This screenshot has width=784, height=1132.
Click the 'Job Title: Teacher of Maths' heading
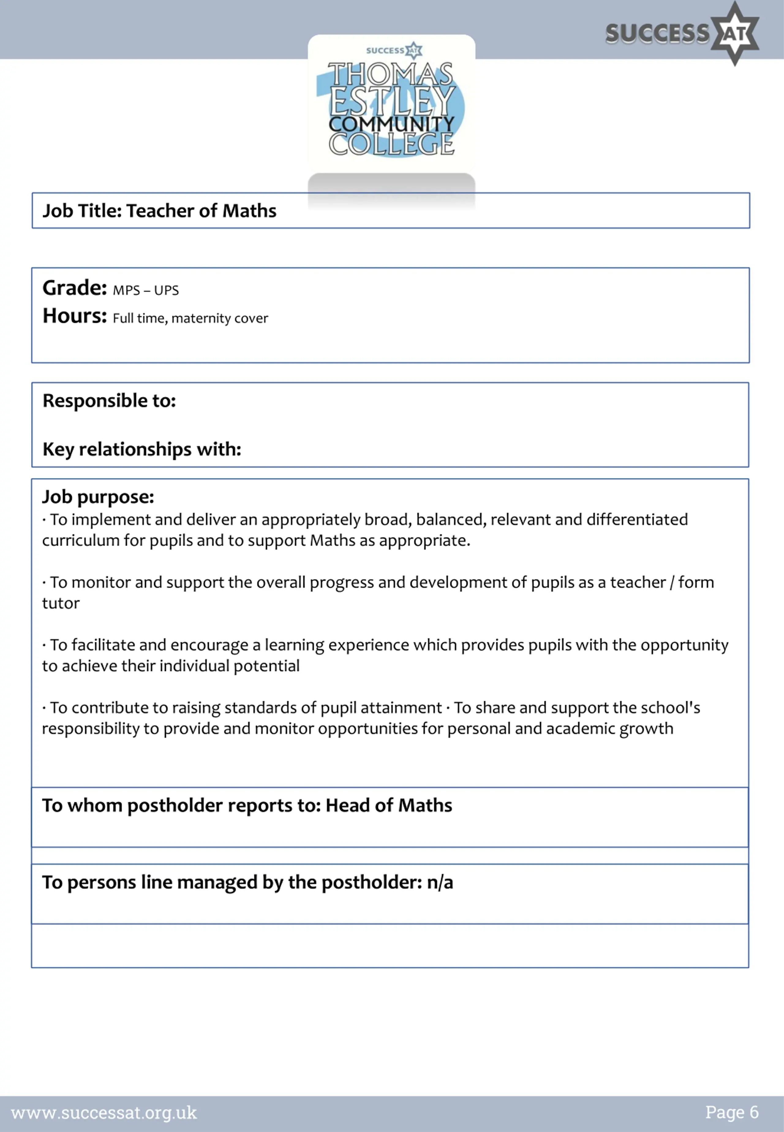point(159,211)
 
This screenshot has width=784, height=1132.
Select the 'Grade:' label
point(75,288)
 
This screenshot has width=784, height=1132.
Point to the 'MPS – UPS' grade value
point(146,290)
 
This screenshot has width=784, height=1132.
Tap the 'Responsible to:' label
point(109,401)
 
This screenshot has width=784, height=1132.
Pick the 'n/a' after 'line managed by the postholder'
point(440,882)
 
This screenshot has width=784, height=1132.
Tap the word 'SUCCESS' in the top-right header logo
point(657,33)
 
